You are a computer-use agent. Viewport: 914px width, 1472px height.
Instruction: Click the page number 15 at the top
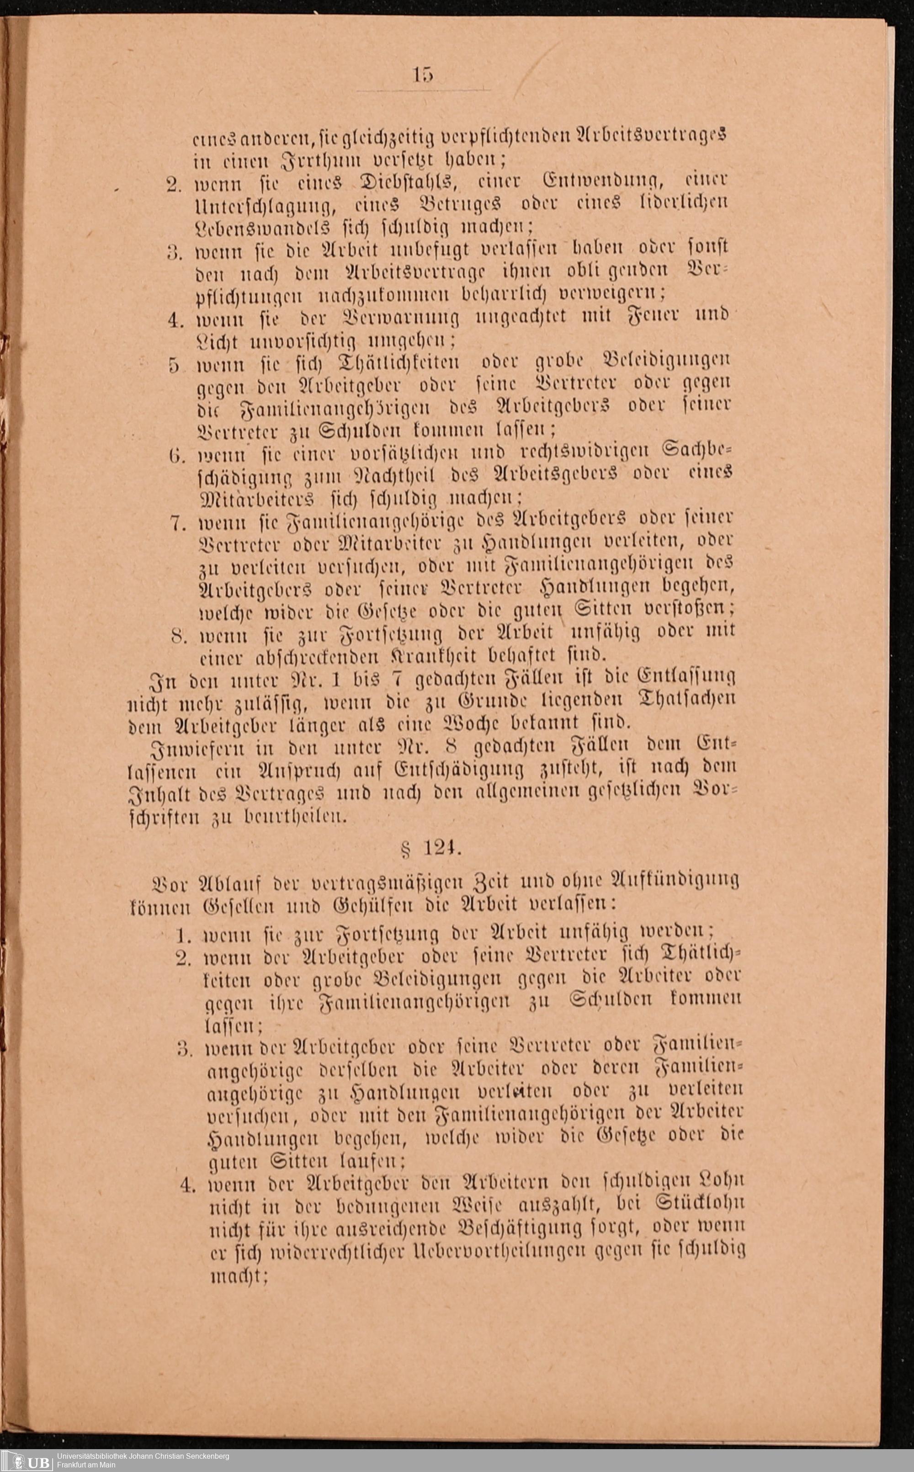[423, 75]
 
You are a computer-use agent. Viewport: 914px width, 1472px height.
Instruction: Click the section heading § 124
[430, 850]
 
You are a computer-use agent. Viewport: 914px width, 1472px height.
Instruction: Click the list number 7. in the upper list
[178, 522]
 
